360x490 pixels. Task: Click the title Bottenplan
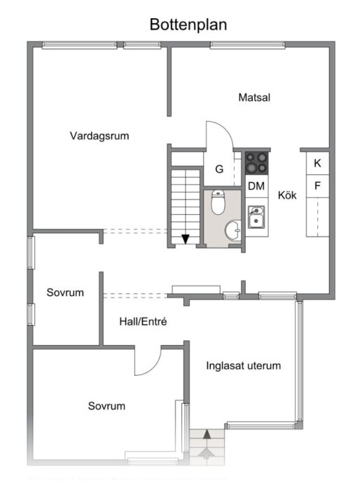[188, 24]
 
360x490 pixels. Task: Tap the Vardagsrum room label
[99, 136]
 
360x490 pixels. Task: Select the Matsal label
[254, 97]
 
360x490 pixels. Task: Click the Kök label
[287, 195]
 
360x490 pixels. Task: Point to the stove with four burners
[256, 163]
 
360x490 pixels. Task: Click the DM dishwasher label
[256, 185]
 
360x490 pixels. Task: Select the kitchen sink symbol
[256, 216]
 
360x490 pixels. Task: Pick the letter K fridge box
[317, 163]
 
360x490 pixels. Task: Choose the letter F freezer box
[317, 185]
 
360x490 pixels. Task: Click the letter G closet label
[219, 169]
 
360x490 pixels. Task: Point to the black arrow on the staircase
[185, 239]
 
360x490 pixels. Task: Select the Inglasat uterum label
[244, 365]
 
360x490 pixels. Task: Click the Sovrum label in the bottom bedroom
[106, 406]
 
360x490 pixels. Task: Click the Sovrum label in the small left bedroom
[65, 293]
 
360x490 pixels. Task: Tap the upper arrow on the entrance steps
[207, 435]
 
